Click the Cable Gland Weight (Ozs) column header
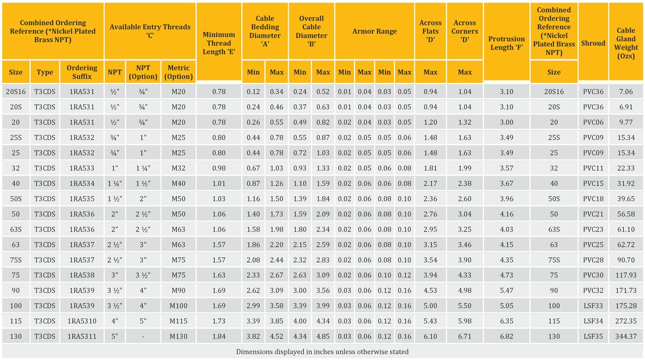(x=626, y=43)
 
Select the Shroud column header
(x=593, y=43)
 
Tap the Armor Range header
(x=374, y=31)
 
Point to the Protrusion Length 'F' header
(x=507, y=43)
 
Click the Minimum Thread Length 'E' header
(x=219, y=43)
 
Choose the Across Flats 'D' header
(x=430, y=31)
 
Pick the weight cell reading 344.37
(x=626, y=337)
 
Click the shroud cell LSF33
(x=593, y=306)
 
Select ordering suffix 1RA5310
(x=82, y=321)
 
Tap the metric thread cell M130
(x=179, y=337)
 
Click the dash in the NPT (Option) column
(x=143, y=337)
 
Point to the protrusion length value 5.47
(x=507, y=290)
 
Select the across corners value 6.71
(x=465, y=337)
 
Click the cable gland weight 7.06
(x=626, y=91)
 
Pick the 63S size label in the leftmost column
(x=15, y=229)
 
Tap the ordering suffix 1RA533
(x=82, y=168)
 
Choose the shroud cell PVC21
(x=593, y=214)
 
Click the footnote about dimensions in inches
(x=322, y=351)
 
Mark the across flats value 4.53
(x=430, y=290)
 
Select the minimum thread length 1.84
(x=219, y=337)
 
